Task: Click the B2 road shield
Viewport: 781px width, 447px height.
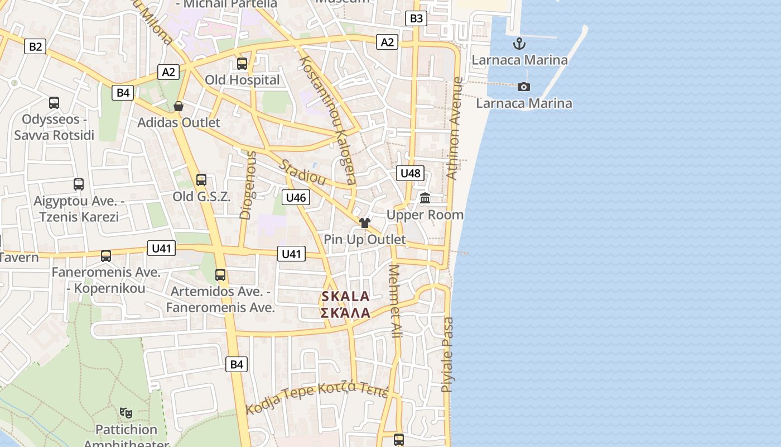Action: pos(35,46)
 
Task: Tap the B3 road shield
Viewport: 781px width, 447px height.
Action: pos(416,18)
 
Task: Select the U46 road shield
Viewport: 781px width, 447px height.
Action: pos(296,197)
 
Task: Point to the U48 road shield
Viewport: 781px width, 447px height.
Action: pos(411,173)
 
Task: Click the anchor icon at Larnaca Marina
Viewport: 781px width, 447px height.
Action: pos(519,43)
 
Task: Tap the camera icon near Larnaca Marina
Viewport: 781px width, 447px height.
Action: pos(523,87)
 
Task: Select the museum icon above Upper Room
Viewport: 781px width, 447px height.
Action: pos(425,198)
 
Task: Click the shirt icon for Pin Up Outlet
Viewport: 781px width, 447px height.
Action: pos(365,223)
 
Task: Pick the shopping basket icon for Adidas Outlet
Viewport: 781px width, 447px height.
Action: pos(179,106)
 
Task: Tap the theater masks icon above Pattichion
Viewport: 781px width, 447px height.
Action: pos(126,413)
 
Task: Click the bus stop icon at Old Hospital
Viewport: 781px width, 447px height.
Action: pos(242,63)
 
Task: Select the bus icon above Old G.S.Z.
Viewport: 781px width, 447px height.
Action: pos(201,180)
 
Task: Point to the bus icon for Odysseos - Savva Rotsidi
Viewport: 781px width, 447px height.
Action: pos(54,102)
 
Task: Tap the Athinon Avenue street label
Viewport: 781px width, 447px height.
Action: pos(455,128)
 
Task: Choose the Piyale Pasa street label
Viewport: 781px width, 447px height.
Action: pos(447,355)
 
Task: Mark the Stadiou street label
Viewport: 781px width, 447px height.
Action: pos(302,173)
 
